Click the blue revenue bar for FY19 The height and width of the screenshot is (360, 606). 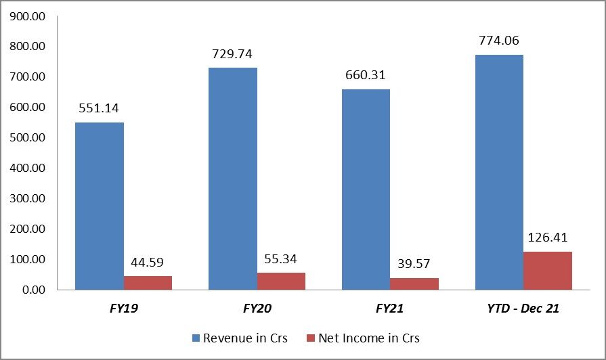pos(99,206)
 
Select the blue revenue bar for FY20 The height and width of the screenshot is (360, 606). pos(232,179)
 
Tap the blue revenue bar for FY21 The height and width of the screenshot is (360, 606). pos(366,189)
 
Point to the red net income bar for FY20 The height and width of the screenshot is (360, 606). pos(281,281)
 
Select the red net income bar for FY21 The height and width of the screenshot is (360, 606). pos(414,284)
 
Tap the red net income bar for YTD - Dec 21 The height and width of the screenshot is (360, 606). pos(548,271)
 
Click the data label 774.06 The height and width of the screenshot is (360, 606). pos(499,40)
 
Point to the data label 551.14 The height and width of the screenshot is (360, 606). pos(99,108)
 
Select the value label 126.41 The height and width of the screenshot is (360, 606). pos(548,238)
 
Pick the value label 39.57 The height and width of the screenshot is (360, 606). pos(414,264)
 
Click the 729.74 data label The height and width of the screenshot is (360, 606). pos(232,53)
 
